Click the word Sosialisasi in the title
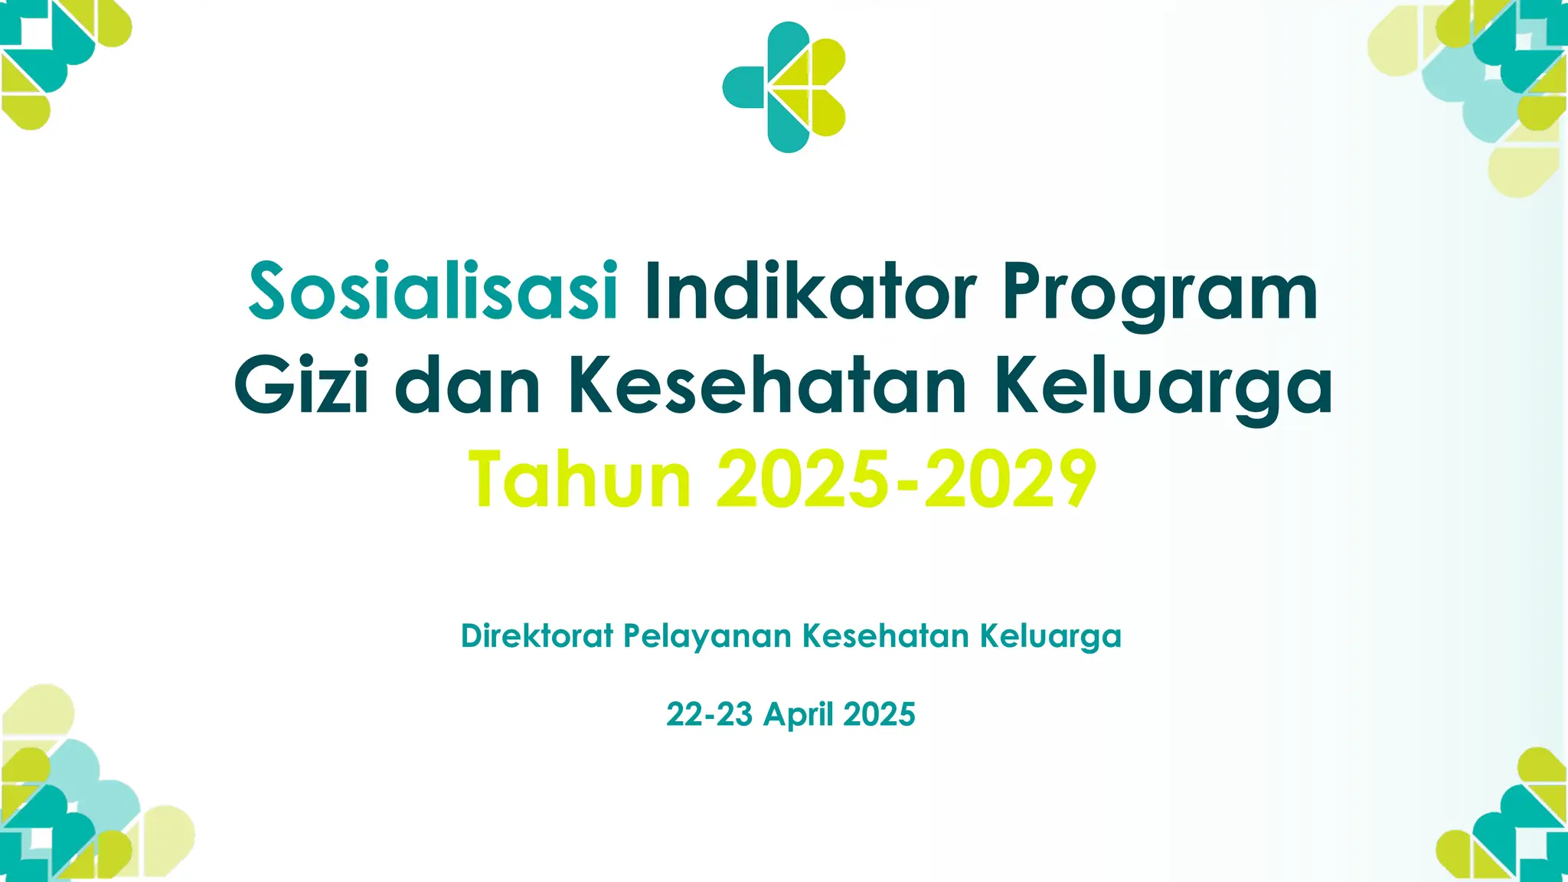click(433, 292)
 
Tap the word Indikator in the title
click(810, 292)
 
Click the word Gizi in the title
click(302, 386)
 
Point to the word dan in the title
click(468, 386)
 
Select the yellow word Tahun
click(580, 480)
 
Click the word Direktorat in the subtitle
click(537, 636)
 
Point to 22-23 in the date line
click(709, 714)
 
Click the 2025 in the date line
click(879, 714)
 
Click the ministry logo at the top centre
click(784, 87)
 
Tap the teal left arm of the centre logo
click(743, 87)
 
